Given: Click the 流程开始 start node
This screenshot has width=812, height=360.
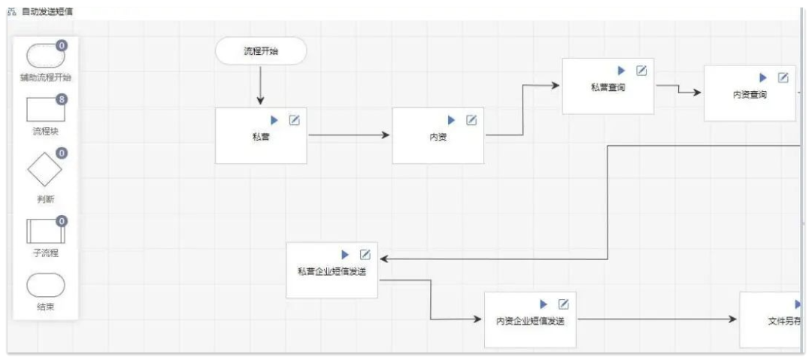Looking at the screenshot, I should [261, 51].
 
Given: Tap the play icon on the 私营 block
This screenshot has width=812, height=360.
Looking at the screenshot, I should [274, 120].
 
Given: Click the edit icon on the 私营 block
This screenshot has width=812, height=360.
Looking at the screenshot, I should [295, 120].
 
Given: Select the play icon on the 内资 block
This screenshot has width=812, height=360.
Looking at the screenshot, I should [452, 120].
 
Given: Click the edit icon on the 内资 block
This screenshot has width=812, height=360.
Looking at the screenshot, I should [471, 120].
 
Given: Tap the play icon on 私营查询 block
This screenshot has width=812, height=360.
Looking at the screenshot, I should [622, 71].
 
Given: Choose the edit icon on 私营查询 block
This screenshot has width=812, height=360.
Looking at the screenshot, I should [641, 71].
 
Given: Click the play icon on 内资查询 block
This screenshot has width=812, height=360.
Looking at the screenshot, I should [763, 77].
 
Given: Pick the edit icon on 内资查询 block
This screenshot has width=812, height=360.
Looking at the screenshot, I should [783, 77].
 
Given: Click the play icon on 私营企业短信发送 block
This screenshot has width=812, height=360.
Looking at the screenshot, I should [346, 254].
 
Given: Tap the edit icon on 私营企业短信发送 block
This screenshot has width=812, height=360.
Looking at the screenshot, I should [365, 254].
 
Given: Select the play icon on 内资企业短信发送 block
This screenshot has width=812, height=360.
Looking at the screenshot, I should [544, 304].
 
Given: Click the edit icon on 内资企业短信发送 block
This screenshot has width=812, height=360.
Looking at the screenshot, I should [563, 304].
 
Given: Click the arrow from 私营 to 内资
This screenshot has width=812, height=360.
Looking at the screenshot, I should [349, 135].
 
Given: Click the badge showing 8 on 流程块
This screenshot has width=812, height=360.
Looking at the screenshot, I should [62, 99].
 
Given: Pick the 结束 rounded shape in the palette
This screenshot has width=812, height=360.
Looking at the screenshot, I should [45, 286].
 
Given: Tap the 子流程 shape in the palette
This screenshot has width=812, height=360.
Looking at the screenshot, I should [45, 230].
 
